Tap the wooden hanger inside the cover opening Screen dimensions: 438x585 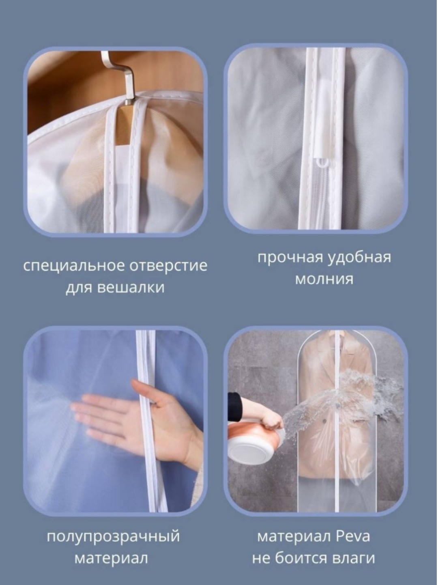click(124, 125)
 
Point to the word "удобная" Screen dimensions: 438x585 click(359, 258)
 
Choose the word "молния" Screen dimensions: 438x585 click(324, 279)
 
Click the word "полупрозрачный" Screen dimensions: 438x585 click(113, 537)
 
